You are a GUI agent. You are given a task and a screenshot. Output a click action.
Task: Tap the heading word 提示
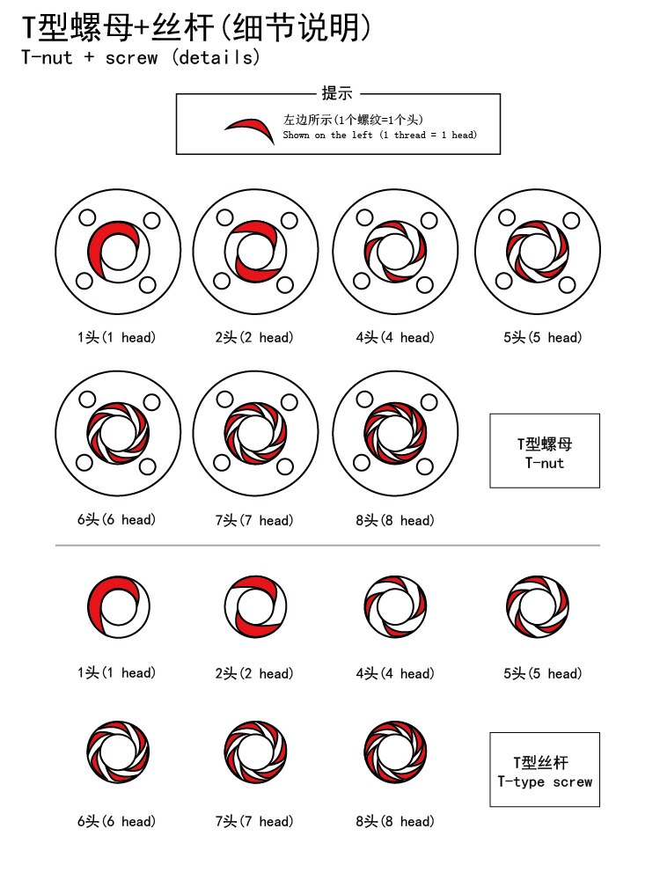point(337,92)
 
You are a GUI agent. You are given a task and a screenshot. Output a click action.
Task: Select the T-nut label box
point(545,451)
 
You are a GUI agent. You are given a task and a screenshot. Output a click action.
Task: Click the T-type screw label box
point(545,769)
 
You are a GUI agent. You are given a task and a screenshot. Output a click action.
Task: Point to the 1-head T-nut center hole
point(119,251)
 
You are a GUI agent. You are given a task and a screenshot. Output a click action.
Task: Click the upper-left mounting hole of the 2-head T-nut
point(224,217)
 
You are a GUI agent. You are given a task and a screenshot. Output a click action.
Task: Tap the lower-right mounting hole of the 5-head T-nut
point(567,284)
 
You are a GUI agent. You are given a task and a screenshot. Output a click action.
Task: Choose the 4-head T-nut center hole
point(396,251)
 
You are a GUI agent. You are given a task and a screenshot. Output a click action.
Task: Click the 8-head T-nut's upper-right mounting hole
point(429,402)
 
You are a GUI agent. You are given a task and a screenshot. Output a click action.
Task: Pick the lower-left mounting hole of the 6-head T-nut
point(84,463)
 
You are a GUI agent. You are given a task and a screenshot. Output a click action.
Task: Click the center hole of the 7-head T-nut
point(256,433)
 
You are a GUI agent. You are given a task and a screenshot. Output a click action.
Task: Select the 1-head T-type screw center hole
point(119,606)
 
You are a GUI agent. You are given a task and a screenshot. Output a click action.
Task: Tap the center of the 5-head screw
point(538,606)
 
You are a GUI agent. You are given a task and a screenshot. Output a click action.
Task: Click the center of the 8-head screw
point(396,752)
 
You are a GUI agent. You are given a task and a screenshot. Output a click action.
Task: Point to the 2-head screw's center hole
point(256,606)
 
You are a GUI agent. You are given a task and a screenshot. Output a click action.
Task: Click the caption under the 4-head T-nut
point(395,337)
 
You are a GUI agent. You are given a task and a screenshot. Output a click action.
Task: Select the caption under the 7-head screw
point(254,821)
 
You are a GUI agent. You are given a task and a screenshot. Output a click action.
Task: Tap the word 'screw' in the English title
point(132,57)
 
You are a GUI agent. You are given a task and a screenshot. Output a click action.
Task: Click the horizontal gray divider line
point(327,545)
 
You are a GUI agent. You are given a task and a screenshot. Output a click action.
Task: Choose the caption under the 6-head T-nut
point(117,520)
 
